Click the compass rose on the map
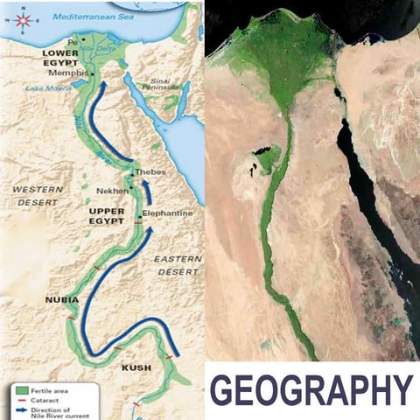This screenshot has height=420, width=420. click(x=24, y=19)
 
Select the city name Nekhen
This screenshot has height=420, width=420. click(x=114, y=190)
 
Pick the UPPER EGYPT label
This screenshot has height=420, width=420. click(x=109, y=217)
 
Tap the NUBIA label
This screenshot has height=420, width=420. click(x=61, y=300)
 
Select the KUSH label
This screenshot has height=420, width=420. click(x=136, y=367)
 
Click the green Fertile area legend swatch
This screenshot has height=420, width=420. click(x=21, y=390)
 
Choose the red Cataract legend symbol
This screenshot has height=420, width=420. click(x=21, y=401)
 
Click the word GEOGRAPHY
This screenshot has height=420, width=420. click(x=311, y=390)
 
